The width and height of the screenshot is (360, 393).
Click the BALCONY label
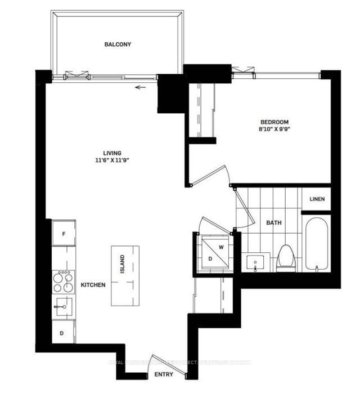pos(118,44)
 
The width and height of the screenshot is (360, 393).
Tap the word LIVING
pos(112,153)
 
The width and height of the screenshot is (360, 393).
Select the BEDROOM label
pos(274,122)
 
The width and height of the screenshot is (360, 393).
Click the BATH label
pos(274,223)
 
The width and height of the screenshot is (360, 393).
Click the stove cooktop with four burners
pos(63,282)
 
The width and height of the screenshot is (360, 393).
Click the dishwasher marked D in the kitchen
pos(62,332)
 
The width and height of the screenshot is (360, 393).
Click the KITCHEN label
pos(93,285)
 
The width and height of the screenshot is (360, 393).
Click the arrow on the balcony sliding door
pos(140,87)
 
